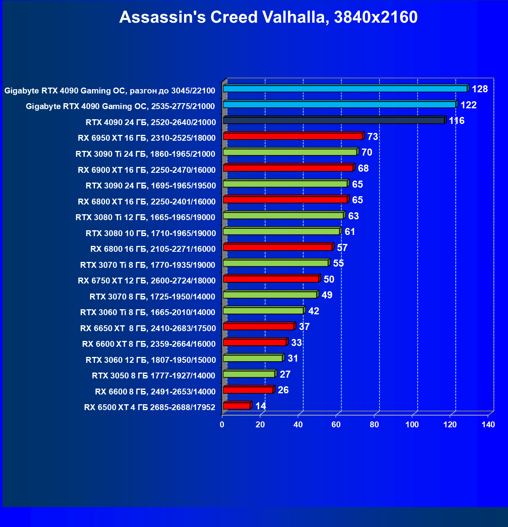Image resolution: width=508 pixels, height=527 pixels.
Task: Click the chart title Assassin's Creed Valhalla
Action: [x=268, y=17]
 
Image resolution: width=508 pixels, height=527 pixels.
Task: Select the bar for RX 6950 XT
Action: [x=293, y=136]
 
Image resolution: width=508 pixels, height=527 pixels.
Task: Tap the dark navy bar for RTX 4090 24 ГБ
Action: [x=334, y=120]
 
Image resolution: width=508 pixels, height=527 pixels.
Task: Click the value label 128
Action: [x=479, y=89]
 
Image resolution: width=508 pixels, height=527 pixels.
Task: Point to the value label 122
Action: [x=468, y=105]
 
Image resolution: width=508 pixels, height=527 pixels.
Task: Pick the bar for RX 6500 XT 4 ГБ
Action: [x=237, y=406]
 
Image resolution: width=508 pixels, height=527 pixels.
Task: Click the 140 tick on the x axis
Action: [x=488, y=425]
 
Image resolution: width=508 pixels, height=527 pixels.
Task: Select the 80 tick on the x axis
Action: [x=374, y=425]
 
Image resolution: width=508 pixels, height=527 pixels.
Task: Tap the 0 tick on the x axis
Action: [x=222, y=425]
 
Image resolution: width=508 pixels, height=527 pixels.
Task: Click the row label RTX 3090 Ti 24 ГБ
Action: [x=145, y=154]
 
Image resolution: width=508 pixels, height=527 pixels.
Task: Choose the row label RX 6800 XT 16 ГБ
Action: [x=147, y=202]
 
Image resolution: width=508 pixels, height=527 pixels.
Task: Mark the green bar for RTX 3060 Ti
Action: [x=263, y=310]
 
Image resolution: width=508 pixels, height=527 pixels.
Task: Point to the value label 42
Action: [x=313, y=311]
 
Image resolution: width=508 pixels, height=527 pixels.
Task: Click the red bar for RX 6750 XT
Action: [x=271, y=279]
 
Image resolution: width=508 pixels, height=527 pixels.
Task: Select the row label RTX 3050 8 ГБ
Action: [x=153, y=376]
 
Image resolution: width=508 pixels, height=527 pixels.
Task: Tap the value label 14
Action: [x=260, y=406]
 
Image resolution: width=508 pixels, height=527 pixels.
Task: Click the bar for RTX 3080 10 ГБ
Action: [x=281, y=231]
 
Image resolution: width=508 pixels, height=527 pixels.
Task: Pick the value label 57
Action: [x=342, y=247]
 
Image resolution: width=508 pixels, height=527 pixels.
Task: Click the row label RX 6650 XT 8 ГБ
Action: [x=148, y=328]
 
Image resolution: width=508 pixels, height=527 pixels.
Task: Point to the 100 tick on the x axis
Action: [x=412, y=425]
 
